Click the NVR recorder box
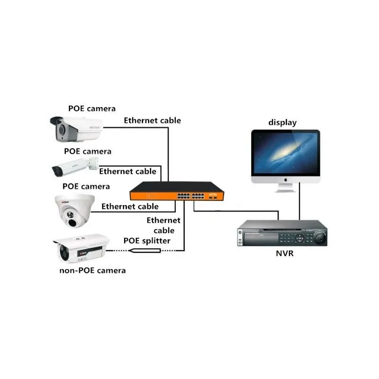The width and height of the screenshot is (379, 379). [x=282, y=234]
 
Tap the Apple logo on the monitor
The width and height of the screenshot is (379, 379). [x=286, y=180]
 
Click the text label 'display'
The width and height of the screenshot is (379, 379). [x=282, y=123]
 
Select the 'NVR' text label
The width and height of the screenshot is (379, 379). [x=284, y=253]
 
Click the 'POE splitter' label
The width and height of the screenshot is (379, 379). [x=147, y=241]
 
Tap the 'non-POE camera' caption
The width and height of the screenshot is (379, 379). [x=92, y=271]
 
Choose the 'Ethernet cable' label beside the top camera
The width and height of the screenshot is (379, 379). [x=152, y=120]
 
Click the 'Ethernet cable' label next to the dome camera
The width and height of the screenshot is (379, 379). [x=130, y=206]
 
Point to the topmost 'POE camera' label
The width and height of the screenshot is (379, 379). [x=92, y=108]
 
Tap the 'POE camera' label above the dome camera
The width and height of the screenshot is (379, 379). [x=86, y=186]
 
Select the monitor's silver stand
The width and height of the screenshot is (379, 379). [x=286, y=188]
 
